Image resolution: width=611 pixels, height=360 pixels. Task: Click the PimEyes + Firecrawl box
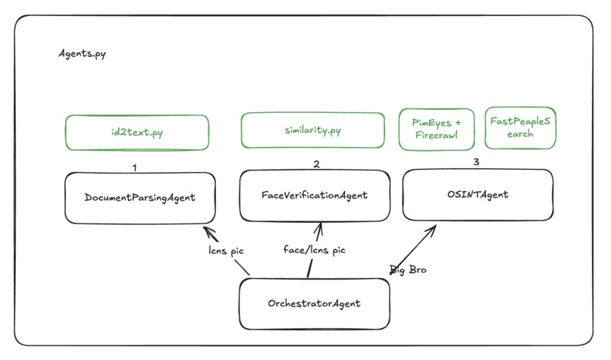pyautogui.click(x=437, y=128)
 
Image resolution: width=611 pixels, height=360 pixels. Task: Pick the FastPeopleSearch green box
pyautogui.click(x=520, y=127)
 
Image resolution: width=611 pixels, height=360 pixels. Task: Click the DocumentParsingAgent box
pyautogui.click(x=140, y=198)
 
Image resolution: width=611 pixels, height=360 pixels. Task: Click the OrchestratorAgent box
pyautogui.click(x=314, y=304)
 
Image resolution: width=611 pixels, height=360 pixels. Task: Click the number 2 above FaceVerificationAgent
pyautogui.click(x=317, y=163)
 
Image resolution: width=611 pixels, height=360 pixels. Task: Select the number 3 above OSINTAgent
pyautogui.click(x=476, y=161)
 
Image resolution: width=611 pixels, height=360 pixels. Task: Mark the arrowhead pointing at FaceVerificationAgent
pyautogui.click(x=319, y=225)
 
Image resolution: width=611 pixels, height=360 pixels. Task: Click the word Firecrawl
pyautogui.click(x=437, y=135)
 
